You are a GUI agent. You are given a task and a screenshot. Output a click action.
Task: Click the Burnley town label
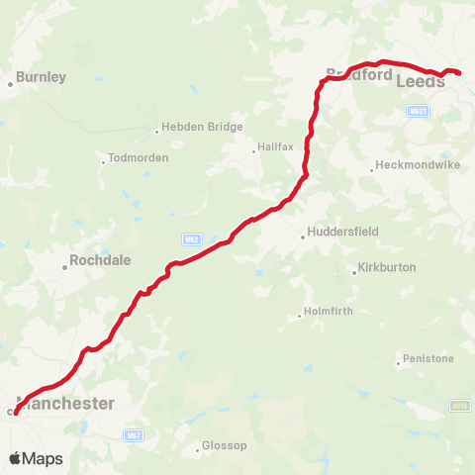click(x=42, y=76)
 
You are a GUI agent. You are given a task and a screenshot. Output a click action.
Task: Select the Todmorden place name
click(x=139, y=158)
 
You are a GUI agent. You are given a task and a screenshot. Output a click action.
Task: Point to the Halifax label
click(x=273, y=148)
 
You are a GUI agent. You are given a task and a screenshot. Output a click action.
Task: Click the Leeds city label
click(x=419, y=81)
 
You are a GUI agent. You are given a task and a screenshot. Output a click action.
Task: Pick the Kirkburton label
click(x=389, y=268)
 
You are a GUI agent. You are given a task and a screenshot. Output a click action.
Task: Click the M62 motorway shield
click(x=191, y=238)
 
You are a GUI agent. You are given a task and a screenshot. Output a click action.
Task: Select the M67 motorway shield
click(x=133, y=435)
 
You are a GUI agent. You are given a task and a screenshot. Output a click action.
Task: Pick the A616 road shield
click(x=457, y=405)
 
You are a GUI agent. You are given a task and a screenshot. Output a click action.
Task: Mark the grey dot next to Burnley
click(x=11, y=84)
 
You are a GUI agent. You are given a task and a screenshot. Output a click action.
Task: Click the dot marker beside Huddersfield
click(x=303, y=236)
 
